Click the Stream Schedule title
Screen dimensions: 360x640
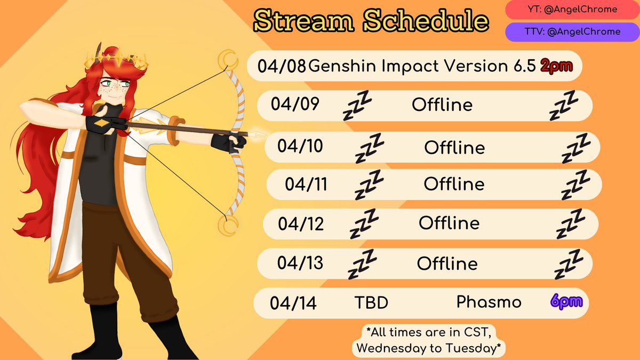(x=371, y=20)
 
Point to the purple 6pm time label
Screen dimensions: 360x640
(x=565, y=302)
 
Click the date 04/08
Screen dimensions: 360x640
(x=282, y=66)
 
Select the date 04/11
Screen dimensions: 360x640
(x=306, y=185)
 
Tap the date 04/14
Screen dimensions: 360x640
(x=293, y=303)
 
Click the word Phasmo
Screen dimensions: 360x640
(x=489, y=302)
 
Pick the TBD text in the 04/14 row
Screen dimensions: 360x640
(x=371, y=303)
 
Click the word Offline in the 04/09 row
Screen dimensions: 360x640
(x=442, y=105)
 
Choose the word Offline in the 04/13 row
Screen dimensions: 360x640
(x=447, y=263)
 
